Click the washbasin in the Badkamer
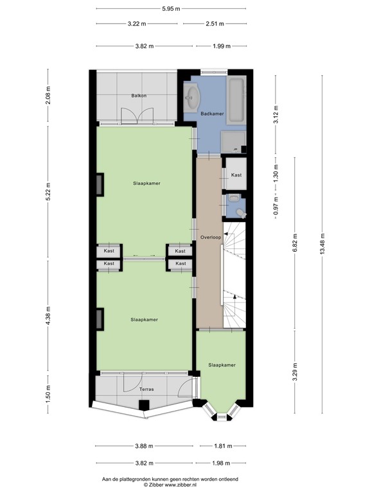[x=192, y=99]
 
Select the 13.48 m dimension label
[x=323, y=243]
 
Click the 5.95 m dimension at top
[x=170, y=8]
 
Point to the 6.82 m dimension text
[x=294, y=243]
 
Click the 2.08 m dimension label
[x=48, y=96]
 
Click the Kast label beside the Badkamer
[x=236, y=175]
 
